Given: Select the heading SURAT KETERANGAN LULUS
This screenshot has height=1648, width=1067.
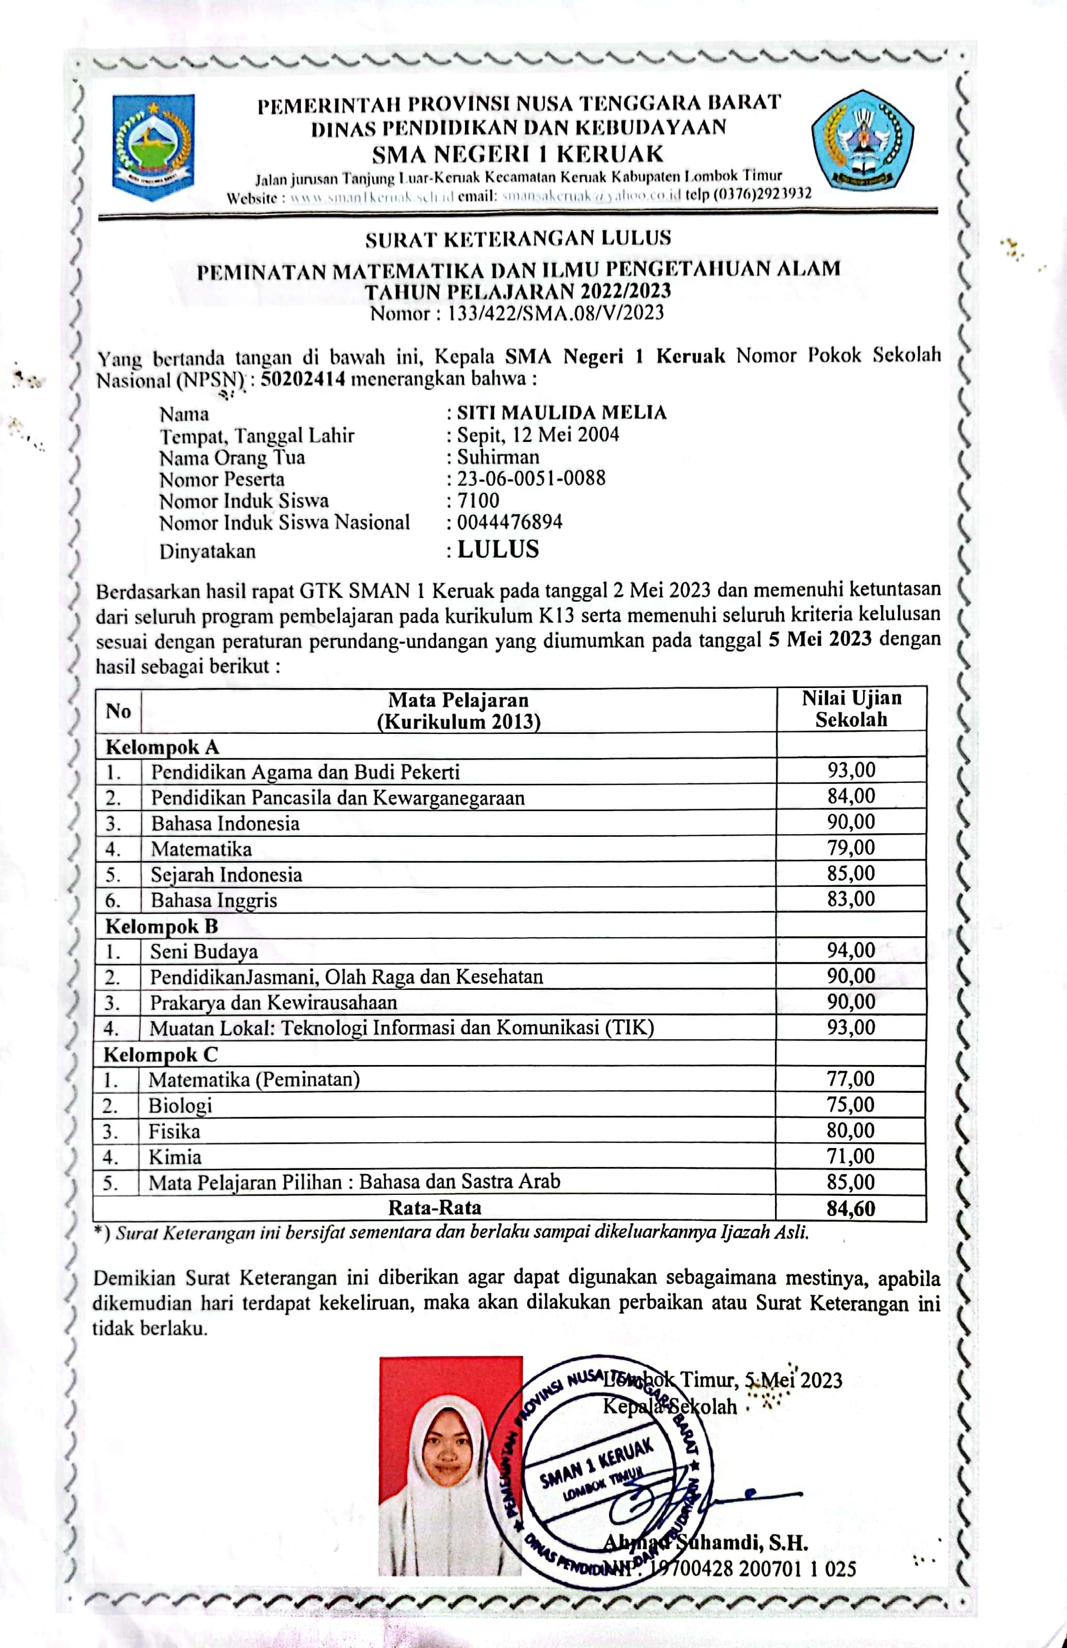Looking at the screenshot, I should [x=518, y=239].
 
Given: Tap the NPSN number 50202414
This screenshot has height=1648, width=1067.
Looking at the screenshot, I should [x=303, y=380].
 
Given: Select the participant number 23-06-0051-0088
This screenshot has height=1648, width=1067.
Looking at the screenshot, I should [x=531, y=478].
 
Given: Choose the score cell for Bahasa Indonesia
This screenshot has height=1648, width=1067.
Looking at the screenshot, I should [x=851, y=822].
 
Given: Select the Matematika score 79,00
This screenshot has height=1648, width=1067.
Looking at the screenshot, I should [x=851, y=848].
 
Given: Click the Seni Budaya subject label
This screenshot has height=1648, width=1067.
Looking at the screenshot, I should [x=204, y=951].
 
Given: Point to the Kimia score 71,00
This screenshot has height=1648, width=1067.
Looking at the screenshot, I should [x=851, y=1156].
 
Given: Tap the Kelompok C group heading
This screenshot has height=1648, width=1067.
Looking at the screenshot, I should [x=161, y=1055].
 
